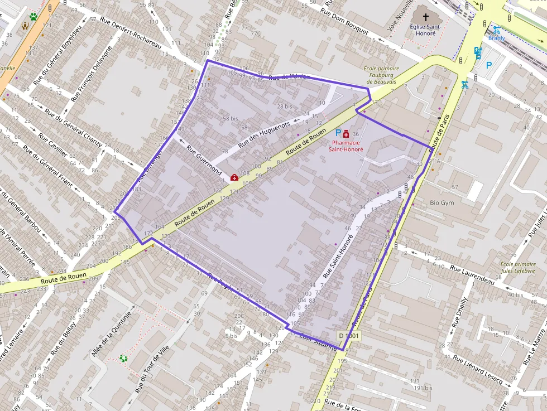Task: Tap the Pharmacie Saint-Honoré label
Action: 346,146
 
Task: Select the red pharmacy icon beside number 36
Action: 347,134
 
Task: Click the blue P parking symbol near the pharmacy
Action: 337,134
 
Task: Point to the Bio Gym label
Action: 442,203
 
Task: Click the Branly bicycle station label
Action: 496,38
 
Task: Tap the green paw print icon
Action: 33,17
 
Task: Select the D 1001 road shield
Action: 349,336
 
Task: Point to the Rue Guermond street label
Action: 204,161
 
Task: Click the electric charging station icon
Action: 478,52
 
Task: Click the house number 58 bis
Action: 230,119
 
